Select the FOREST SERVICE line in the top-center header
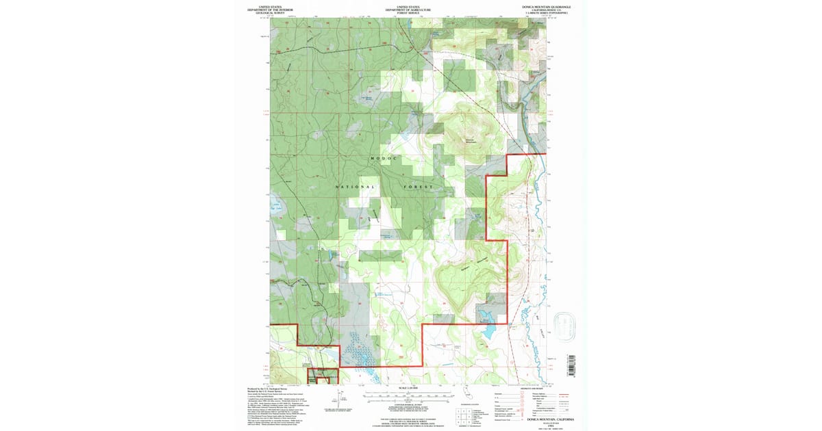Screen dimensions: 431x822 (x=408, y=12)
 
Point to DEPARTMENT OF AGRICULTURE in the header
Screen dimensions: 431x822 (x=408, y=10)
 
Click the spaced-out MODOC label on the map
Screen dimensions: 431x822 (x=384, y=158)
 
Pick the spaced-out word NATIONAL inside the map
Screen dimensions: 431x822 (x=356, y=187)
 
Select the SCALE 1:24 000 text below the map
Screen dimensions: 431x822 (x=408, y=390)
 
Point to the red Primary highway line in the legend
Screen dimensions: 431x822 (x=565, y=395)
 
